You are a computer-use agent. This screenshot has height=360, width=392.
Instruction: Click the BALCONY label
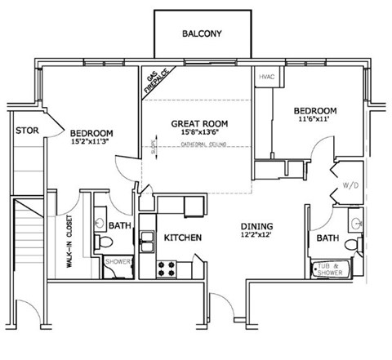200,33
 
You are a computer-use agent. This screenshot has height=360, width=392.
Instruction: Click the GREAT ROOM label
199,124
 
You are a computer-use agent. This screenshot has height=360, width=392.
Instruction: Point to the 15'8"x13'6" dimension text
199,135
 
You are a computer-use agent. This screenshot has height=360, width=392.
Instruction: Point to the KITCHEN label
183,238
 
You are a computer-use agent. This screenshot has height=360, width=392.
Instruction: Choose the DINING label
256,226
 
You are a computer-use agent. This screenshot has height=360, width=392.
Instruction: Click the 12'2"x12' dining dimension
256,237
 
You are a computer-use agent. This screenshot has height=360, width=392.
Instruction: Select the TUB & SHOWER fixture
334,267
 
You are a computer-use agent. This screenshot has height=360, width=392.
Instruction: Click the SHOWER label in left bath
118,262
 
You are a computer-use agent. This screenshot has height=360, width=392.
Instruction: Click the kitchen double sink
148,240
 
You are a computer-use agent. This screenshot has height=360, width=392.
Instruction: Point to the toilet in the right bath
352,244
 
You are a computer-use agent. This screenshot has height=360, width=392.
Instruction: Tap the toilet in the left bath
102,242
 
